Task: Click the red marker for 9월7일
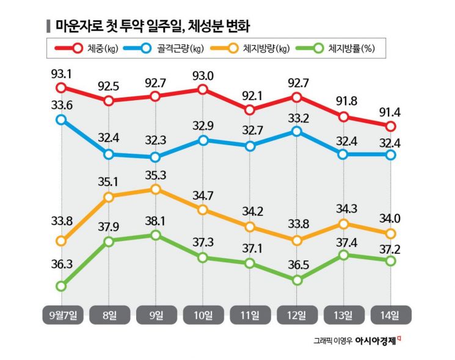click(61, 90)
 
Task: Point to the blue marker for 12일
click(296, 131)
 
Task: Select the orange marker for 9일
click(156, 189)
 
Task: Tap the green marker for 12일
click(296, 280)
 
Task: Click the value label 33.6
click(62, 105)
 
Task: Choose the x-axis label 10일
click(203, 315)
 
